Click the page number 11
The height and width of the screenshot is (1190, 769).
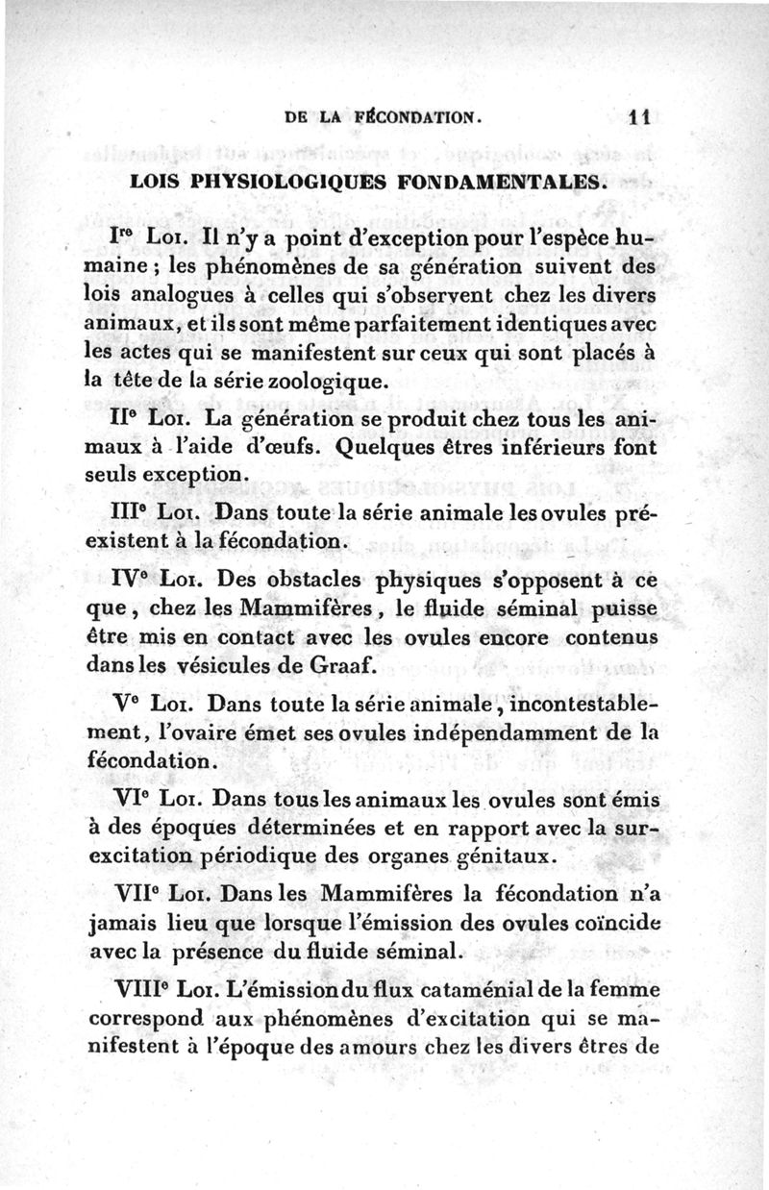click(x=639, y=119)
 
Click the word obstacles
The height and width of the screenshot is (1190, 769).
click(x=311, y=580)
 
